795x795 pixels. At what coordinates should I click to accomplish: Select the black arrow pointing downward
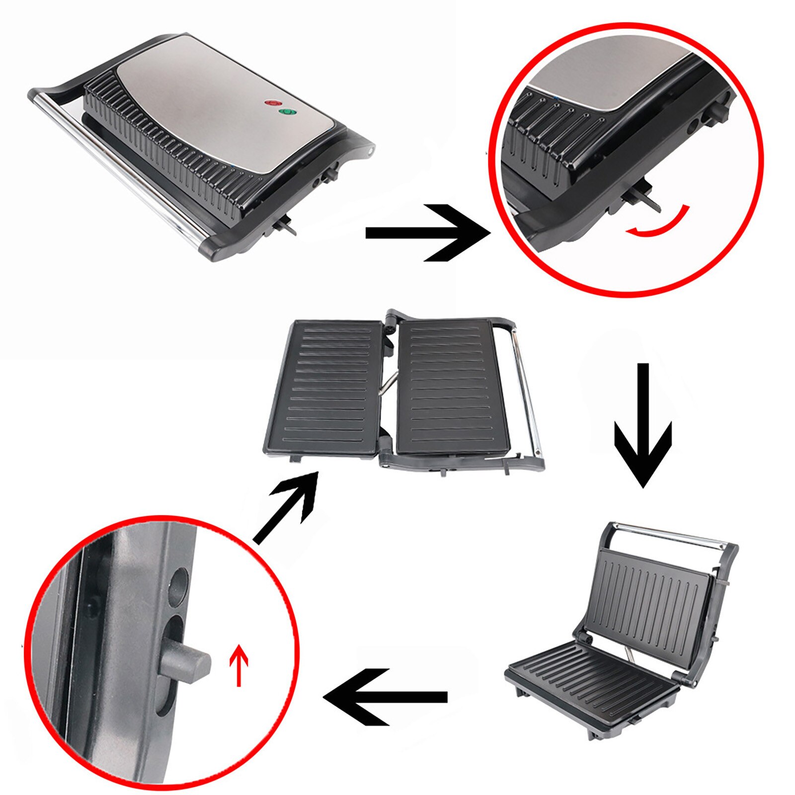[643, 427]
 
